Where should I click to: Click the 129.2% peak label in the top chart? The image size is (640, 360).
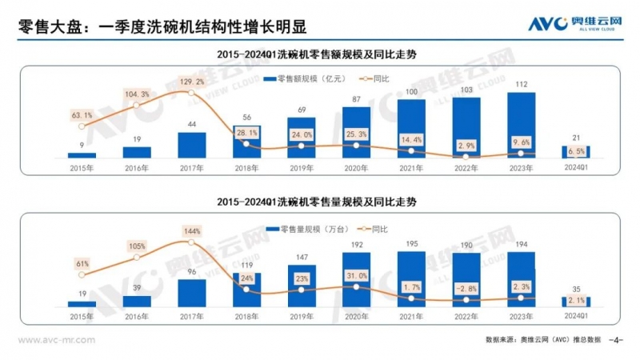pos(192,82)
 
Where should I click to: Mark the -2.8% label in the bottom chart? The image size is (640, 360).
pos(466,290)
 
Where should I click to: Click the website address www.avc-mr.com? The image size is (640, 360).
pos(56,340)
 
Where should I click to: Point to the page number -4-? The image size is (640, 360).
pos(615,340)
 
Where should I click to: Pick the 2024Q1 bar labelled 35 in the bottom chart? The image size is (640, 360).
pos(575,302)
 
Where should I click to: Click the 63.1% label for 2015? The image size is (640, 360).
pos(82,115)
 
